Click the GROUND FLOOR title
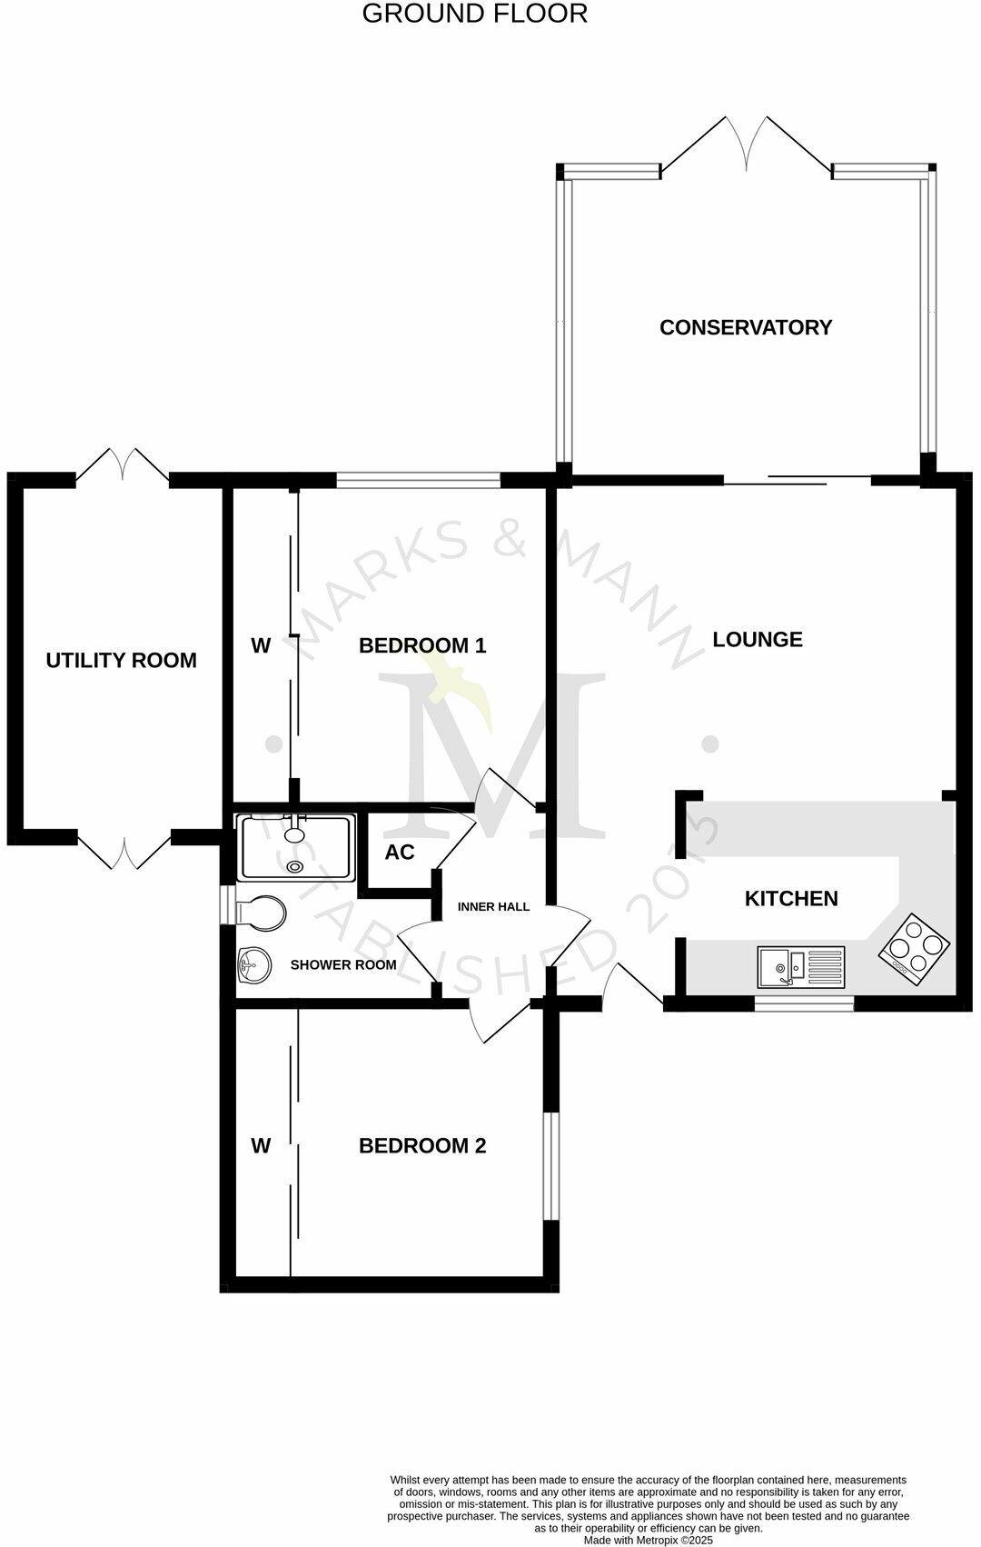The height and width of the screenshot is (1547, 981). click(x=474, y=14)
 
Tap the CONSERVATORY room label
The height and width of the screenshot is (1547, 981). click(x=745, y=327)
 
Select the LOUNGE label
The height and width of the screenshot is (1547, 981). click(x=757, y=639)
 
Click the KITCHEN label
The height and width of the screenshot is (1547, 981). click(x=791, y=898)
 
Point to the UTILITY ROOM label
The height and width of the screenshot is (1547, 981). click(x=121, y=660)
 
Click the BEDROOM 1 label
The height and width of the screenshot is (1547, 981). click(x=422, y=645)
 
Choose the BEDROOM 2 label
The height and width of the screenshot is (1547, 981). click(x=422, y=1145)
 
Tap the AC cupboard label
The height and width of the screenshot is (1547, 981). click(x=399, y=852)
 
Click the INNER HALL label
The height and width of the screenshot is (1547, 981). click(x=493, y=906)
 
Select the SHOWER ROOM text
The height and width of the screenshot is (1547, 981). click(x=343, y=964)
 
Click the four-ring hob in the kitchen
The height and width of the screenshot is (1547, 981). click(x=914, y=945)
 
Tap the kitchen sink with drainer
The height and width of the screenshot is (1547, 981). click(x=800, y=967)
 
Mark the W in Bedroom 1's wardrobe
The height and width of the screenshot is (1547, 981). click(x=261, y=645)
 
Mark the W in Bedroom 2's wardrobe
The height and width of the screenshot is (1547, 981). click(x=261, y=1145)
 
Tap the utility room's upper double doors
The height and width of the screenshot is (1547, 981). click(x=123, y=465)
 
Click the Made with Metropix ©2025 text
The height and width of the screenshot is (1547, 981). click(x=648, y=1540)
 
